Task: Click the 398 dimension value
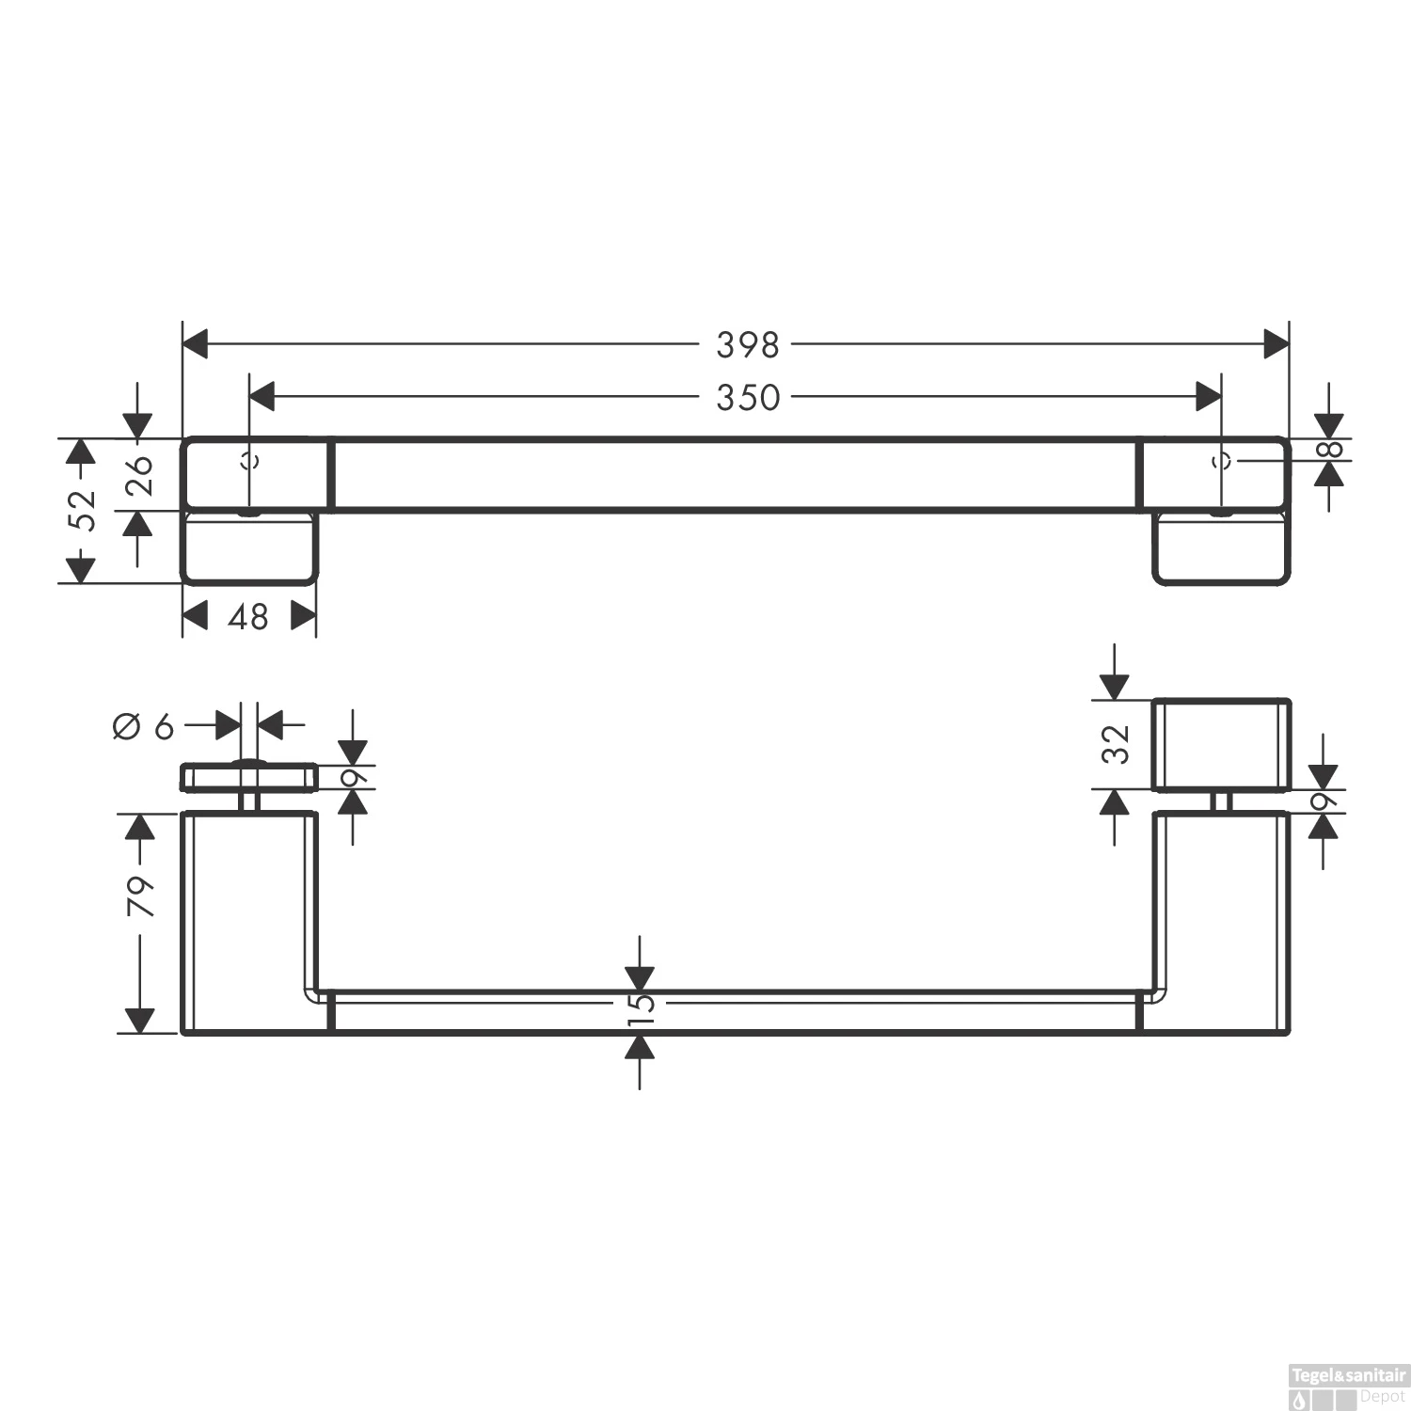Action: pyautogui.click(x=748, y=345)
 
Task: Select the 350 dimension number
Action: pyautogui.click(x=748, y=398)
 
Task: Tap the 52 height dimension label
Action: pyautogui.click(x=84, y=510)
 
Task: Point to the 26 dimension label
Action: pyautogui.click(x=138, y=475)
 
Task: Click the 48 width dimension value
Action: pyautogui.click(x=248, y=617)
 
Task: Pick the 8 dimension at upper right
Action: pyautogui.click(x=1329, y=450)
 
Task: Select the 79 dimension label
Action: pyautogui.click(x=140, y=896)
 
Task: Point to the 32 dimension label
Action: pyautogui.click(x=1116, y=744)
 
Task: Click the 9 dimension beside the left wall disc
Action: pyautogui.click(x=354, y=778)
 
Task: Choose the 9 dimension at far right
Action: pyautogui.click(x=1324, y=801)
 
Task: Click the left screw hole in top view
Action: pyautogui.click(x=249, y=461)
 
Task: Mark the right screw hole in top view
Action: pyautogui.click(x=1222, y=461)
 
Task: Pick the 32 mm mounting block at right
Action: pyautogui.click(x=1221, y=745)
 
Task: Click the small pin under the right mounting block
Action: pyautogui.click(x=1221, y=801)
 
